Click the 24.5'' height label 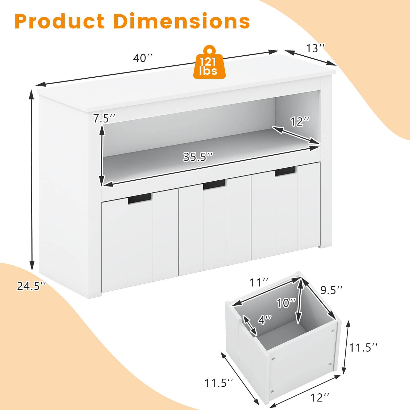pyautogui.click(x=32, y=286)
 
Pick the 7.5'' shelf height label pyautogui.click(x=104, y=119)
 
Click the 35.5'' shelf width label pyautogui.click(x=198, y=157)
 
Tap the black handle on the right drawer pyautogui.click(x=285, y=171)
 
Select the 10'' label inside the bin pyautogui.click(x=286, y=303)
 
